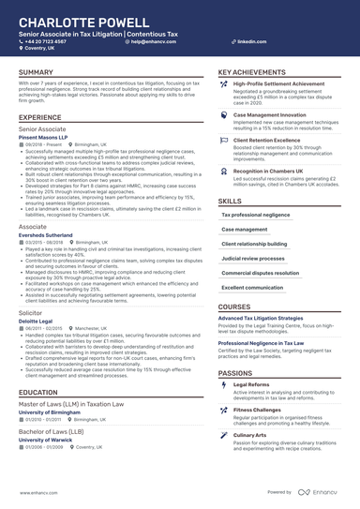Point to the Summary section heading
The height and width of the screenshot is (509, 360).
(36, 72)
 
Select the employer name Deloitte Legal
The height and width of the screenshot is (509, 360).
(37, 322)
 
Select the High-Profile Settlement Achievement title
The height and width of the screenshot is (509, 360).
(278, 83)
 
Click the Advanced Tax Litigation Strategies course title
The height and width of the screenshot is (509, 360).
(267, 318)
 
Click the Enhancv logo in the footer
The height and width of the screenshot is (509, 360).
(321, 492)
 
